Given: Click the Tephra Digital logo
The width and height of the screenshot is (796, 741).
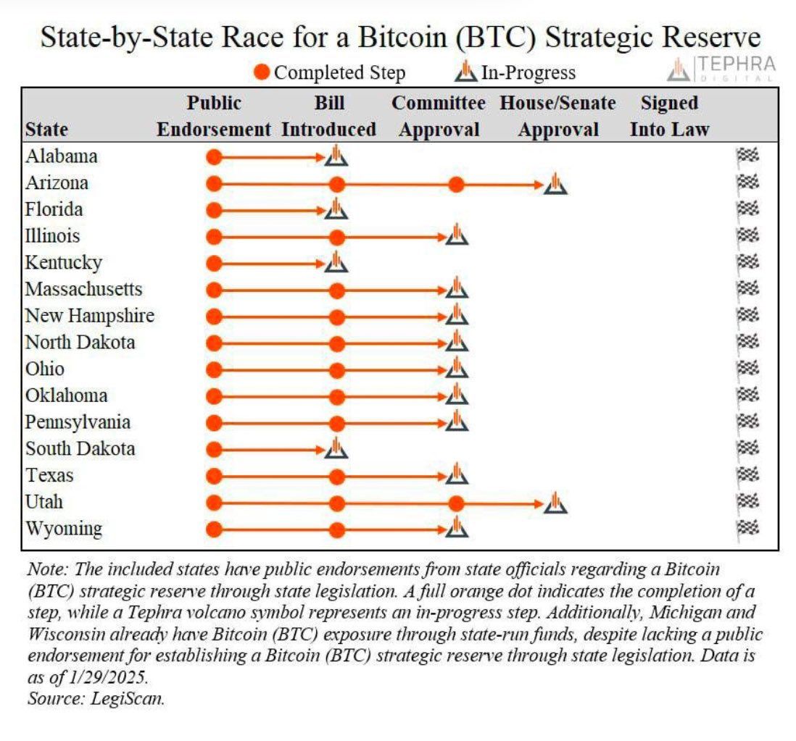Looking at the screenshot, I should coord(721,68).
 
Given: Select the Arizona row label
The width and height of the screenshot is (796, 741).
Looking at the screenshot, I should coord(57,183).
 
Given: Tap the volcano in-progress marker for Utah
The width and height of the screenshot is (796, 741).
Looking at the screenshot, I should coord(555,502).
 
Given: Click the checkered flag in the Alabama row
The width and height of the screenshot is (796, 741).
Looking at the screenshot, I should coord(747,156).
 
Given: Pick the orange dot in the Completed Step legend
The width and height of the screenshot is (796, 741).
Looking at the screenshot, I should coord(263,72).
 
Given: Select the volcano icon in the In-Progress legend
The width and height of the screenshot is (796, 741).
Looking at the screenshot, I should coord(465,72).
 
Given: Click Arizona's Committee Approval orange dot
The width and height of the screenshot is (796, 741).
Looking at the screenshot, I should coord(455,184).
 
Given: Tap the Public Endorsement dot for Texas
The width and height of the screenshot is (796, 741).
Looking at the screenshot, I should coord(213,476).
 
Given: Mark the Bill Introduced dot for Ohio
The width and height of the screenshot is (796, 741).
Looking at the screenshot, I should coord(336,369).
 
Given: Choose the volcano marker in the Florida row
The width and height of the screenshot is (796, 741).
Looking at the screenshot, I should coord(336,209).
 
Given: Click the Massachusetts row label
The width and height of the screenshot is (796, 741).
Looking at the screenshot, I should coord(83,289).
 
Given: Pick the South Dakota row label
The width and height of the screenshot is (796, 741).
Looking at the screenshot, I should coord(80,448).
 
